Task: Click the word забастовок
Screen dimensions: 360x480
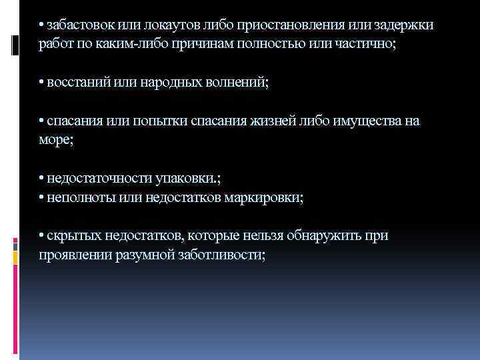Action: (81, 25)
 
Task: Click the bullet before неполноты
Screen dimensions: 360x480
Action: (41, 198)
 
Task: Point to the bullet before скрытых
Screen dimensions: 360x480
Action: (41, 236)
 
